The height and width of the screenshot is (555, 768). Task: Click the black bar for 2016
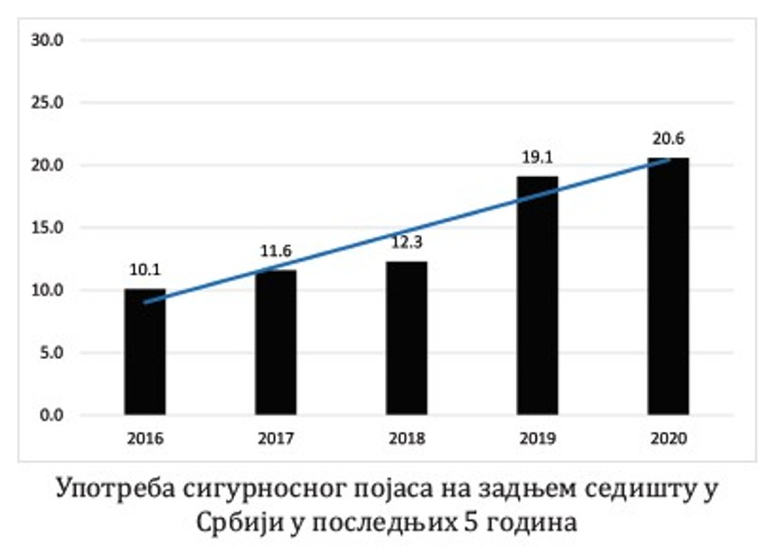tap(145, 353)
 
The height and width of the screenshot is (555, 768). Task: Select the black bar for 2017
tap(276, 343)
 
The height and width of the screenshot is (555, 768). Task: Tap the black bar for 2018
tap(407, 339)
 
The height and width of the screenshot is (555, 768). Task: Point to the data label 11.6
tap(276, 252)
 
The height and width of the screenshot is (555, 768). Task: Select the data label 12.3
tap(407, 244)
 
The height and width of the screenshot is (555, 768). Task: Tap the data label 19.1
tap(538, 157)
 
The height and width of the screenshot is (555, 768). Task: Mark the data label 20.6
tap(668, 139)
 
